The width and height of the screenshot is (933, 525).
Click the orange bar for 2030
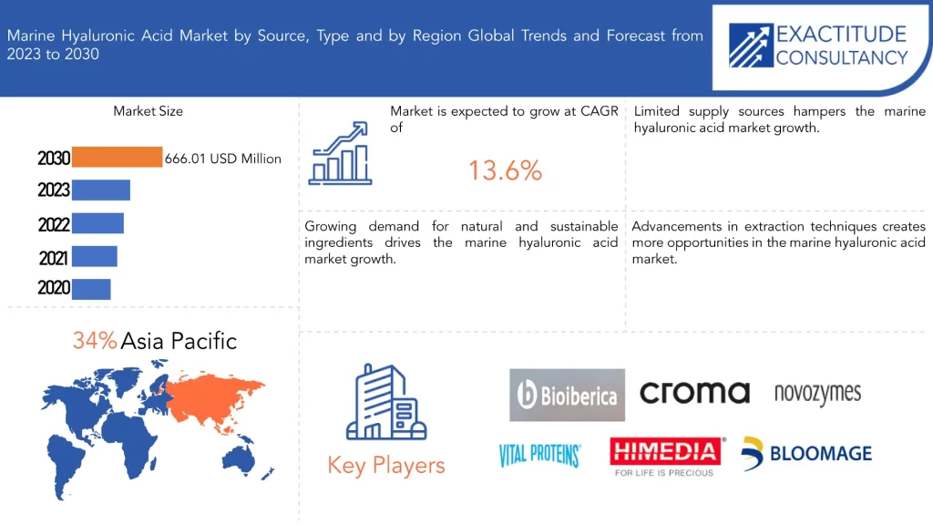pyautogui.click(x=117, y=157)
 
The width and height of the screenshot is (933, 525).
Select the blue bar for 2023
pyautogui.click(x=101, y=190)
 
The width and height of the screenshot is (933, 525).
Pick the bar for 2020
pyautogui.click(x=91, y=289)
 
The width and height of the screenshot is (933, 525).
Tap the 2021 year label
pyautogui.click(x=54, y=258)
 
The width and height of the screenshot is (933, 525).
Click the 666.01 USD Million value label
pyautogui.click(x=223, y=159)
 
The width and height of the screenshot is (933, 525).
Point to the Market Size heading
pyautogui.click(x=149, y=111)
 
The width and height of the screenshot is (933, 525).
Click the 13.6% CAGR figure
pyautogui.click(x=505, y=170)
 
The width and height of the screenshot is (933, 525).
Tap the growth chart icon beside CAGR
pyautogui.click(x=340, y=153)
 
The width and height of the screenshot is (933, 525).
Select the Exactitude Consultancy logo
pyautogui.click(x=818, y=46)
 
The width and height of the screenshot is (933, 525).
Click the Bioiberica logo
pyautogui.click(x=567, y=396)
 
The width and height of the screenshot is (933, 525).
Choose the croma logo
pyautogui.click(x=694, y=393)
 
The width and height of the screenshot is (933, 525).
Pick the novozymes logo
pyautogui.click(x=817, y=394)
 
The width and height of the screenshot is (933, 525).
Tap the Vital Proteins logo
pyautogui.click(x=539, y=456)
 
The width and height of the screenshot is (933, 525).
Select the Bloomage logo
pyautogui.click(x=806, y=454)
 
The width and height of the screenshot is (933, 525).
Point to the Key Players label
pyautogui.click(x=386, y=466)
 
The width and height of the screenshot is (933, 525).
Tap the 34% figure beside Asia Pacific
pyautogui.click(x=95, y=341)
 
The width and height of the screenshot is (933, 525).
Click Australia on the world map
pyautogui.click(x=240, y=460)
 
